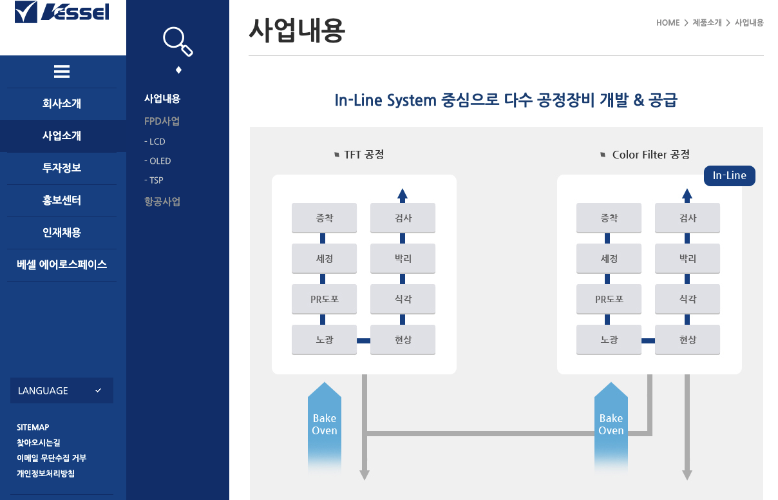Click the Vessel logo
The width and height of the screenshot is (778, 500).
point(62,12)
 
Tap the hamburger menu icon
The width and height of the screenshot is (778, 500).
point(62,72)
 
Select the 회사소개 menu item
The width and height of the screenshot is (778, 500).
point(62,104)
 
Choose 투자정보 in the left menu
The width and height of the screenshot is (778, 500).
point(62,168)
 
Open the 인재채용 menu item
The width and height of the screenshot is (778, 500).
point(62,233)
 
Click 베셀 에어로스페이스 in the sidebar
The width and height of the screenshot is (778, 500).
point(62,265)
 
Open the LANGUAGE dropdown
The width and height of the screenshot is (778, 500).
point(62,390)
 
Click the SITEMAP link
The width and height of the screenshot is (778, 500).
point(33,427)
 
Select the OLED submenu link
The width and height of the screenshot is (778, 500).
point(158,161)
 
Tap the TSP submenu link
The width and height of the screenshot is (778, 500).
point(155,180)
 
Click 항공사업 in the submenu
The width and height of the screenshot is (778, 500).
point(162,202)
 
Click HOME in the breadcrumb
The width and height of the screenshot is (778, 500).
point(668,23)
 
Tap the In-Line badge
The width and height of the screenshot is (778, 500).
point(729,176)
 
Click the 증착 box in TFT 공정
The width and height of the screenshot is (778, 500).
point(324,218)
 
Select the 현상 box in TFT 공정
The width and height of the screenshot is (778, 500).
point(403,340)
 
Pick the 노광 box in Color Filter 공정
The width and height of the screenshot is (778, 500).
point(609,340)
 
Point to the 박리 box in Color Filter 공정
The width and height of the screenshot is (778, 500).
point(687,258)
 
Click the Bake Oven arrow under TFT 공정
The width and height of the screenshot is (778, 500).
point(325,425)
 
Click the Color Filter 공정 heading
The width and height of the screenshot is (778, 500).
point(650,155)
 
